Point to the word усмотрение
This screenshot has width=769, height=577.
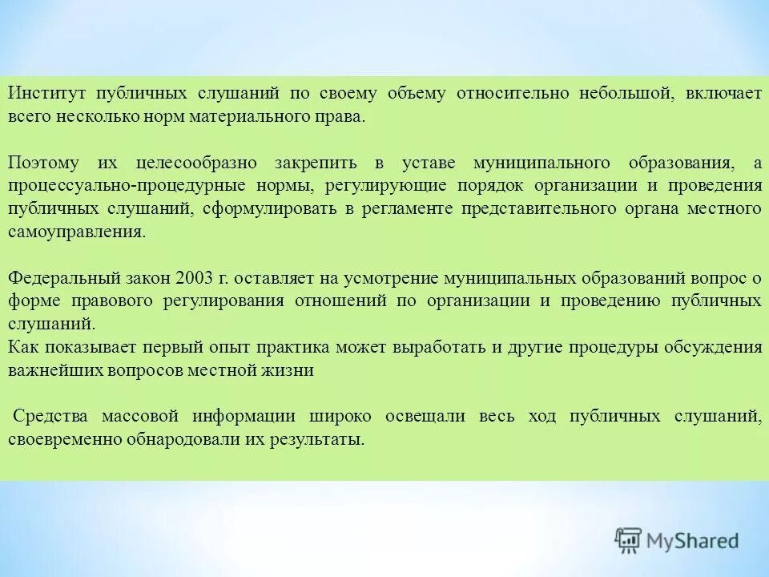pos(390,279)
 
